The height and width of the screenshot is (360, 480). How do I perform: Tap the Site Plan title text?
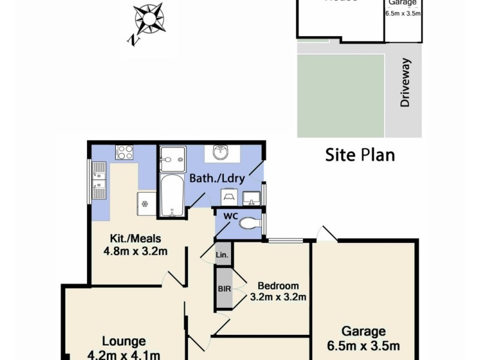360,155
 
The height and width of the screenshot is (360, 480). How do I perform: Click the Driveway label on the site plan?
405,83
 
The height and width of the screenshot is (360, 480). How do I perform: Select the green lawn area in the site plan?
341,95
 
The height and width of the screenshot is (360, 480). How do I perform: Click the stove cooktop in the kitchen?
124,152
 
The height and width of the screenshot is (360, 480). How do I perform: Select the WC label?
231,215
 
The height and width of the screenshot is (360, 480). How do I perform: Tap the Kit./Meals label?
128,238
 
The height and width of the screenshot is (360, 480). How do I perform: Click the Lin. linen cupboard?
222,256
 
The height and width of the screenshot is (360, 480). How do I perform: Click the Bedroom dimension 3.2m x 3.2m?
278,297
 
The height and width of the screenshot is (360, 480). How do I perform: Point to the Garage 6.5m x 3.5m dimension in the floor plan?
364,346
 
